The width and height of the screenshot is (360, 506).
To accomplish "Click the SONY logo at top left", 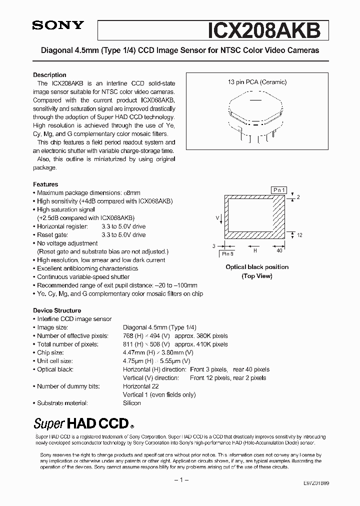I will pyautogui.click(x=58, y=26).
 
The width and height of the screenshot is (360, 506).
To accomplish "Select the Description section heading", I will pyautogui.click(x=49, y=75).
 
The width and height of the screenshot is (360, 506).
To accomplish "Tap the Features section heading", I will pyautogui.click(x=45, y=184).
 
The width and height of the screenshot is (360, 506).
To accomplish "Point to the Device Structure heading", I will pyautogui.click(x=57, y=310).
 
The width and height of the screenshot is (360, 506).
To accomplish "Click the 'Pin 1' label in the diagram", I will pyautogui.click(x=279, y=190).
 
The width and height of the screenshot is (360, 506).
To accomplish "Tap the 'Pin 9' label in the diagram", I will pyautogui.click(x=228, y=253).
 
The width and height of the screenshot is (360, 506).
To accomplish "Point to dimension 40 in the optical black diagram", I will pyautogui.click(x=279, y=251).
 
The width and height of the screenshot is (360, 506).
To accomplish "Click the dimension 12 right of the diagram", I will pyautogui.click(x=299, y=235).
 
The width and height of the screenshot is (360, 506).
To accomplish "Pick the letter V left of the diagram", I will pyautogui.click(x=217, y=217).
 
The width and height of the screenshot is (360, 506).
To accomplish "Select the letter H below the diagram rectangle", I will pyautogui.click(x=255, y=251).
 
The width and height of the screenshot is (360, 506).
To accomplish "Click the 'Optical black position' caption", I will pyautogui.click(x=257, y=267).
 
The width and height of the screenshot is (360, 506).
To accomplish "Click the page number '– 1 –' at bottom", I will pyautogui.click(x=180, y=480).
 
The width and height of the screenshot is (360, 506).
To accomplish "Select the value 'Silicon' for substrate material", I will pyautogui.click(x=132, y=403).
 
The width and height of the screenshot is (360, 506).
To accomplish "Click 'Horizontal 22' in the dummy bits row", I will pyautogui.click(x=140, y=386).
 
